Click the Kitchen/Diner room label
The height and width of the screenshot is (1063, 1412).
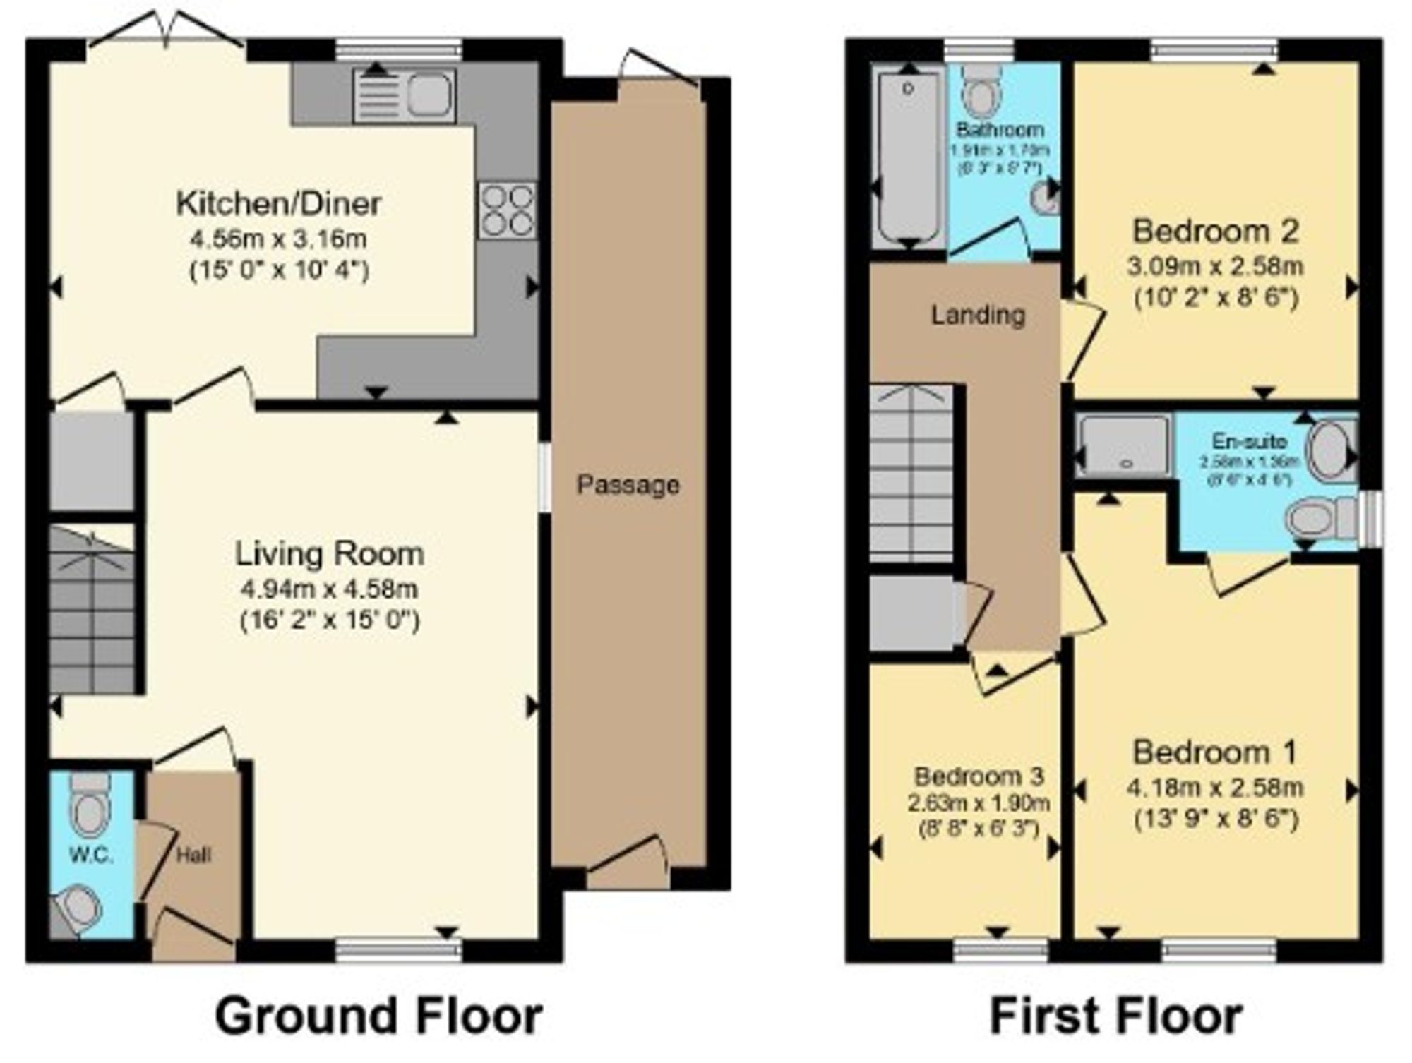point(278,204)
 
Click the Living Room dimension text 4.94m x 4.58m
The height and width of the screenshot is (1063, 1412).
point(329,589)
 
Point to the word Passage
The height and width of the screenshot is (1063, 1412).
point(628,485)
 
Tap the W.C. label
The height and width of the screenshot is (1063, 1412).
point(92,855)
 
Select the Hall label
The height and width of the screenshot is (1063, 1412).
point(193,855)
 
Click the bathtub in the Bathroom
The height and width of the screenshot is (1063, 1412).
point(909,155)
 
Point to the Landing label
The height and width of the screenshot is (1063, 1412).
point(977,315)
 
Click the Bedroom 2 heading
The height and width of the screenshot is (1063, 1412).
point(1215,231)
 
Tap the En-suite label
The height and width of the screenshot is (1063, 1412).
point(1249,441)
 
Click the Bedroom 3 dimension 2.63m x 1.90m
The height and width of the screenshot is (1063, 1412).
point(979,803)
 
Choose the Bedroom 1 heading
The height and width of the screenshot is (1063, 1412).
point(1214,752)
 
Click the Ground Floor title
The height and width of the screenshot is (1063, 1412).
point(378,1016)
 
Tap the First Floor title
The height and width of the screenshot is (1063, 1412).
point(1115,1016)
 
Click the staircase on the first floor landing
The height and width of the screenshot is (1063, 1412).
point(911,473)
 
